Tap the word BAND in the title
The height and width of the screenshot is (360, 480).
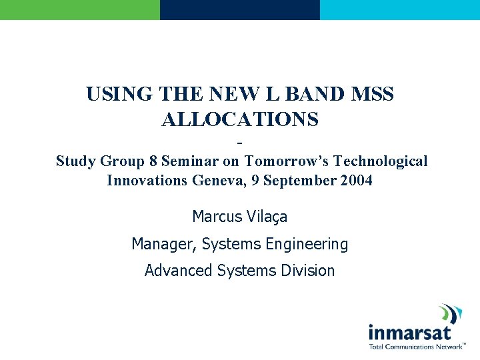click(x=305, y=95)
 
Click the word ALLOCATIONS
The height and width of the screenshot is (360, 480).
click(x=240, y=119)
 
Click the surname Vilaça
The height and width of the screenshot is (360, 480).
click(x=267, y=217)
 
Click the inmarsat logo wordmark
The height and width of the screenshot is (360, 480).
click(x=410, y=332)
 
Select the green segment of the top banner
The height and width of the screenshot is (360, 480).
click(x=80, y=9)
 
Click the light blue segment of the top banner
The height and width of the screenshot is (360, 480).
click(x=400, y=9)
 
